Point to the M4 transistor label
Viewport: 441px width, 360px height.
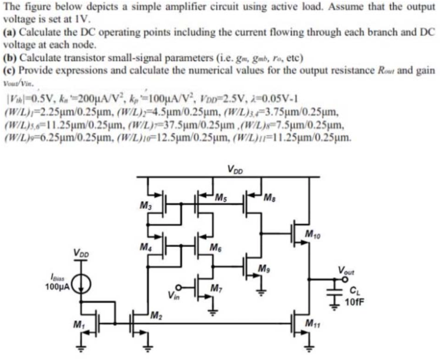click(x=145, y=247)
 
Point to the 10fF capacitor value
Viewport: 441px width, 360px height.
click(x=355, y=301)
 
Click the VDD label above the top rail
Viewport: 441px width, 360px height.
click(x=235, y=170)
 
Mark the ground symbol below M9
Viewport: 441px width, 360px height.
click(x=260, y=293)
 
